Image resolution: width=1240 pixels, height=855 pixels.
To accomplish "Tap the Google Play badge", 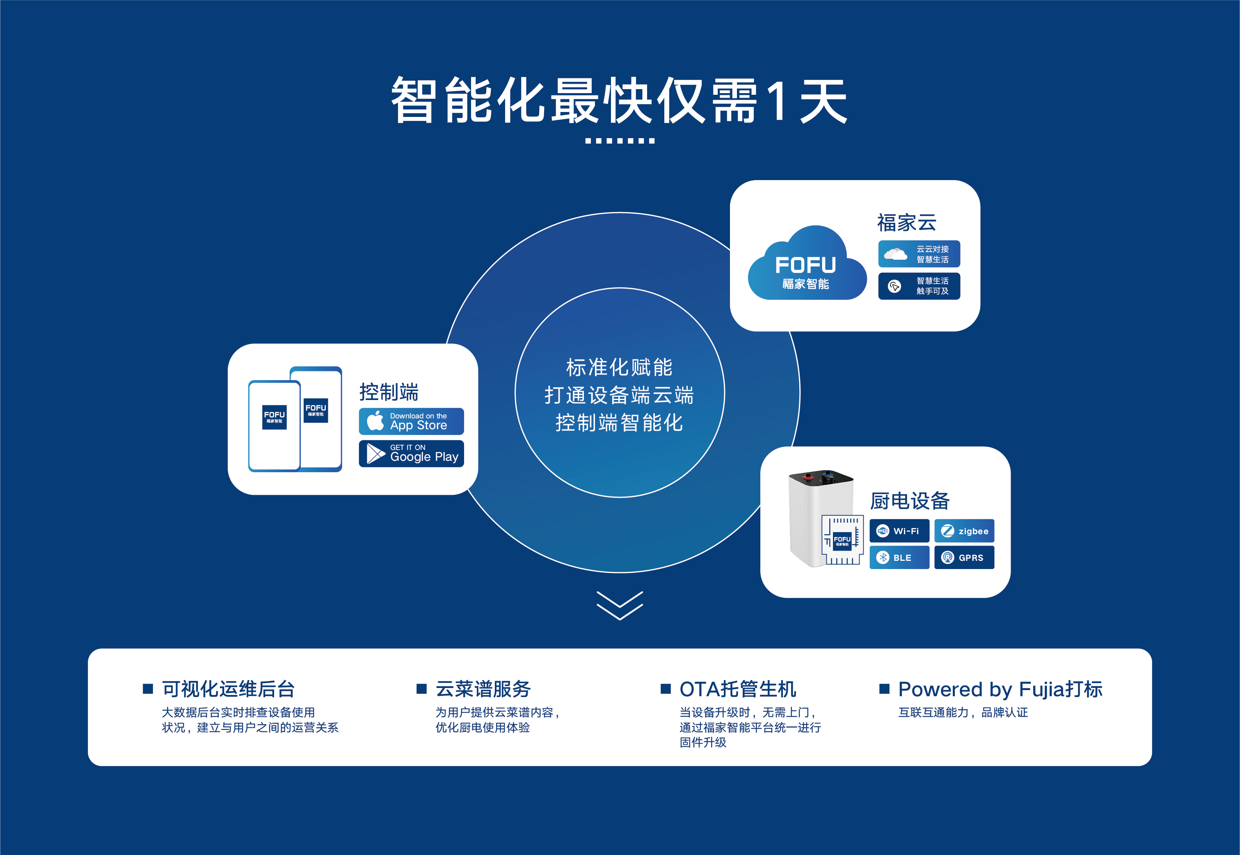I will (x=411, y=453).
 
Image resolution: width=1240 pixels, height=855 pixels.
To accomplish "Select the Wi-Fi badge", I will (x=899, y=531).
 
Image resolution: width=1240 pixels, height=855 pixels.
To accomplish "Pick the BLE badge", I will (x=899, y=557).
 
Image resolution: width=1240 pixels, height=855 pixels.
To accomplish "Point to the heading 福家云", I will (x=906, y=223).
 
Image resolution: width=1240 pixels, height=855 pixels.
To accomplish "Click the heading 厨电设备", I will (x=910, y=501).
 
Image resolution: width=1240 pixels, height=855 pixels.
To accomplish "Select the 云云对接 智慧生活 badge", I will (x=919, y=254).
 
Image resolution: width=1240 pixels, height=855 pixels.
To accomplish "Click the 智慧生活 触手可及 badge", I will (x=919, y=286).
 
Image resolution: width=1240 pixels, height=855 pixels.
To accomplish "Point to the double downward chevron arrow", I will (x=620, y=606).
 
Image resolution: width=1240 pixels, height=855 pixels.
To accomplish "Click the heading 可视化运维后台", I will (x=228, y=689).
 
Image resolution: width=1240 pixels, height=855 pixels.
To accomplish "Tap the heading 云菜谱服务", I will (x=483, y=689).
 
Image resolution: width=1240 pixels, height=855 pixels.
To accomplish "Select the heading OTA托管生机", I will (x=738, y=689).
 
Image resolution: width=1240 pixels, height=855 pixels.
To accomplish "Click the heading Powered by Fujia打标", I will (x=1000, y=689).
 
